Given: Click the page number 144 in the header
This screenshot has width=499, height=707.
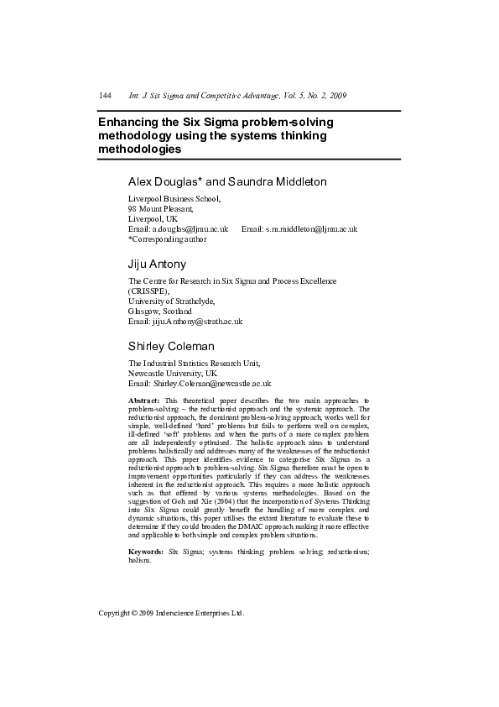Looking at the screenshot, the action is [x=106, y=96].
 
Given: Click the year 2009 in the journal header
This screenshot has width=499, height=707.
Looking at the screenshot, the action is [x=336, y=96].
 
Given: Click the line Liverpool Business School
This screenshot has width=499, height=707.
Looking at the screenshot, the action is [x=174, y=199].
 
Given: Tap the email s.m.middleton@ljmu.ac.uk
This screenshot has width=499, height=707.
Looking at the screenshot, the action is [x=311, y=228].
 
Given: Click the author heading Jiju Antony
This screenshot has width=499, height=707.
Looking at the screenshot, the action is [x=157, y=264].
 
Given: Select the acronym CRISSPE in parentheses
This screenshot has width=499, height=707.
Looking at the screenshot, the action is [x=148, y=291].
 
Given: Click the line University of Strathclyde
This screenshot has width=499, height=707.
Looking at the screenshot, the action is [x=171, y=301].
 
